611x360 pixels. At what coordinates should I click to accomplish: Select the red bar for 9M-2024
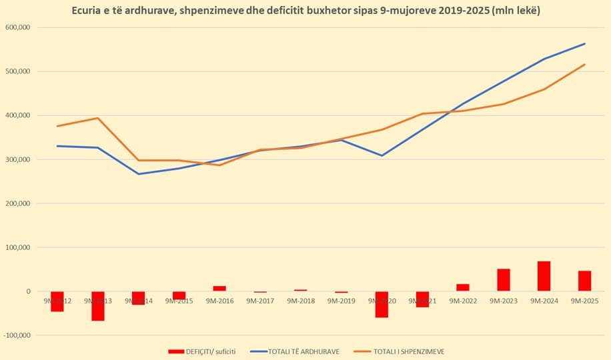544,276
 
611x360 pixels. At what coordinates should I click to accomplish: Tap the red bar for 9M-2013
98,306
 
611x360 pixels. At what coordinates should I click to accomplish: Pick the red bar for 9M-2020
382,304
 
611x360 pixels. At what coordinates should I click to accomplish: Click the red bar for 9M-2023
504,280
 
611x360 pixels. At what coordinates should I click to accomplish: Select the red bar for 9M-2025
585,281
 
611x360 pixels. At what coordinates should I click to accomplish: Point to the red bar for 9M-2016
219,289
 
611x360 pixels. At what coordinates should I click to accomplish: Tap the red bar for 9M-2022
463,287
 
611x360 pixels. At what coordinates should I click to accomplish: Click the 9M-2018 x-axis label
301,301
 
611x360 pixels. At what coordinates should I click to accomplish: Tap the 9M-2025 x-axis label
585,301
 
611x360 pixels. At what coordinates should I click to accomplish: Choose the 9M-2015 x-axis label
179,301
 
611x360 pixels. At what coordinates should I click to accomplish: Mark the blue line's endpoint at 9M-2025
585,44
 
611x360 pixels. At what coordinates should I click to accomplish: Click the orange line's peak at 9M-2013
98,118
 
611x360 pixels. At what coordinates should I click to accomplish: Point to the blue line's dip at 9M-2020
382,156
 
